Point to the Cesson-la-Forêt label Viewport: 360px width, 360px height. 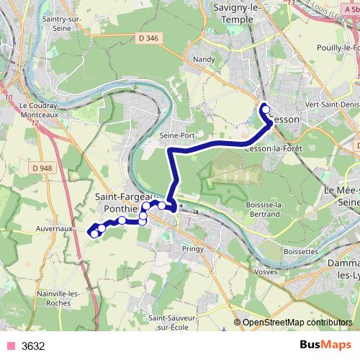[273, 148]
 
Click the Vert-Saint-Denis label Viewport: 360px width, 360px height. [333, 104]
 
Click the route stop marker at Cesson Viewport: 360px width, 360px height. [265, 109]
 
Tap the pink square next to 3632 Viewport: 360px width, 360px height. [10, 346]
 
